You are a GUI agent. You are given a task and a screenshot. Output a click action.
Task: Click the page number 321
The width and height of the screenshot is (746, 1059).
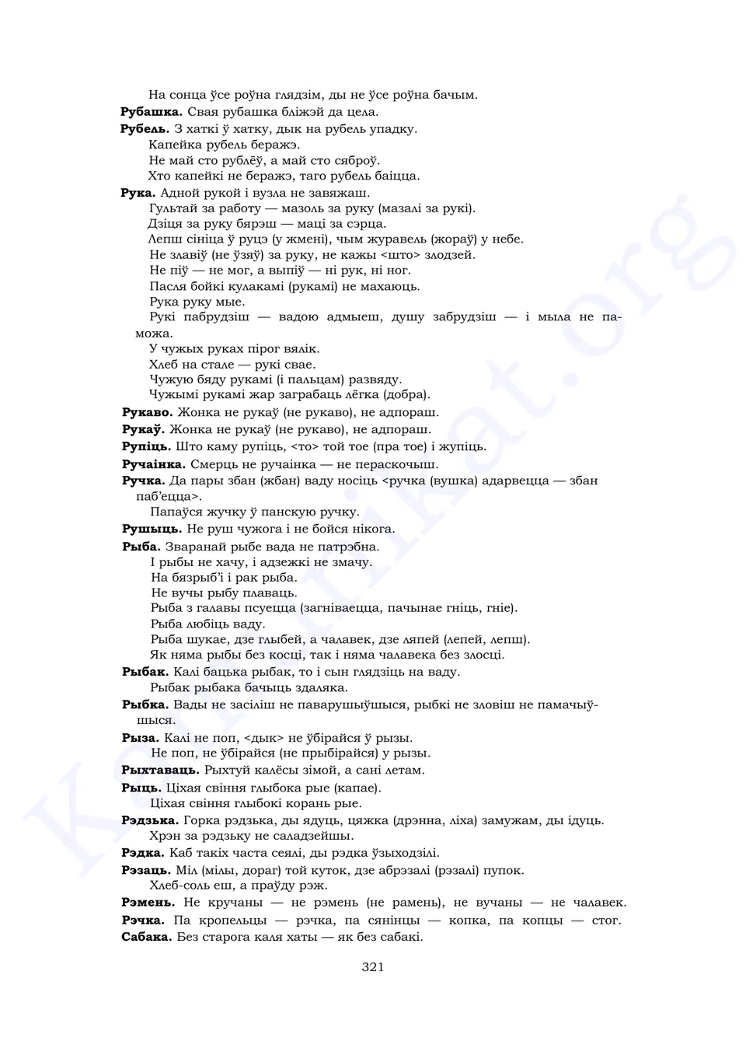click(x=373, y=967)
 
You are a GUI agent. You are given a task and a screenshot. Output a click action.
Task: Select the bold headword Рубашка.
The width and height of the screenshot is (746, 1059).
click(x=152, y=112)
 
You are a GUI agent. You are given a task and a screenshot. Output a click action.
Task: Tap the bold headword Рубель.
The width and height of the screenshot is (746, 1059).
click(x=145, y=129)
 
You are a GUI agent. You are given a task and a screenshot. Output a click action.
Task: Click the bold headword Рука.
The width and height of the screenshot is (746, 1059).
click(x=138, y=193)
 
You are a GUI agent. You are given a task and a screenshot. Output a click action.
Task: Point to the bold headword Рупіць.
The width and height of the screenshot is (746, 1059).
click(x=146, y=446)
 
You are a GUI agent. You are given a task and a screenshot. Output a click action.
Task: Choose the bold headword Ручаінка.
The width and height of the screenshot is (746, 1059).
click(x=154, y=464)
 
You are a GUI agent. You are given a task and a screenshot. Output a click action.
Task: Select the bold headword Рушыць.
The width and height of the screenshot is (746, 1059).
click(x=152, y=529)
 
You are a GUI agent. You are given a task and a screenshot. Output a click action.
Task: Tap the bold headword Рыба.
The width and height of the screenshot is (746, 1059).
click(x=141, y=547)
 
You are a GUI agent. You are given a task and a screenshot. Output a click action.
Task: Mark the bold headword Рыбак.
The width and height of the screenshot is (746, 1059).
click(x=145, y=672)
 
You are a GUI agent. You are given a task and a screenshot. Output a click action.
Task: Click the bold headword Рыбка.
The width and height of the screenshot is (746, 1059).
click(x=145, y=704)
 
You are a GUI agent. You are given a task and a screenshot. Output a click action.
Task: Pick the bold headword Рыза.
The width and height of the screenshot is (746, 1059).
click(x=140, y=738)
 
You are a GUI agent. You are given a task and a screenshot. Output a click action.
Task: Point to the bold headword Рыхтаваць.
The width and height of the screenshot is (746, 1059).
click(x=160, y=771)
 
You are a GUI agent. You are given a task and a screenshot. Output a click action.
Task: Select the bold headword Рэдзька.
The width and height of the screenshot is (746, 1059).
click(x=150, y=820)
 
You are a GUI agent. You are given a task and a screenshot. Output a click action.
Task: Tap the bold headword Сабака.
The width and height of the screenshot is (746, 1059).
click(x=146, y=937)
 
